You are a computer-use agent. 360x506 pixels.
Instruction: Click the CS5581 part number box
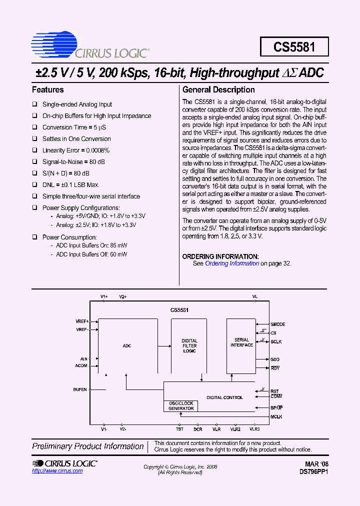pos(294,47)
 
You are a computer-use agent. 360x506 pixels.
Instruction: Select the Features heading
pos(48,90)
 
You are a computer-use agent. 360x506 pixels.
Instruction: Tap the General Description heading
pos(218,90)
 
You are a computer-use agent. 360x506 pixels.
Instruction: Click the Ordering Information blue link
pos(232,263)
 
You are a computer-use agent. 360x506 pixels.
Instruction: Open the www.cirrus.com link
pos(57,471)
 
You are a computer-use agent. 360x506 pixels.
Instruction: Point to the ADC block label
pos(127,346)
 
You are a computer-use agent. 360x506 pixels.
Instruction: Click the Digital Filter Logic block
pos(189,346)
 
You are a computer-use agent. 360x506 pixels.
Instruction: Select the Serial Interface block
pos(241,343)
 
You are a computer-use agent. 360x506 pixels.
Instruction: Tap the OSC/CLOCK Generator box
pos(180,406)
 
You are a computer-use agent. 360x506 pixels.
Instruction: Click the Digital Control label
pos(224,397)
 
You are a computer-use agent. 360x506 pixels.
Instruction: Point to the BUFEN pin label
pos(80,389)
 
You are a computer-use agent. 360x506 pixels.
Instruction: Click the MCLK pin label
pos(276,416)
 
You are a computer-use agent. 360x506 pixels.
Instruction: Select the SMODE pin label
pos(277,324)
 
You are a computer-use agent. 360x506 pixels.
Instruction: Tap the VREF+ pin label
pos(82,321)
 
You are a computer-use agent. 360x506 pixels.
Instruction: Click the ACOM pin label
pos(81,365)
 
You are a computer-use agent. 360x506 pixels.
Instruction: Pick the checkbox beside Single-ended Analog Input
pos(35,104)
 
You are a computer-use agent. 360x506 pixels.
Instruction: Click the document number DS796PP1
pos(313,471)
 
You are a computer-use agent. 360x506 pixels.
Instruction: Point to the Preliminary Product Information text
pos(88,446)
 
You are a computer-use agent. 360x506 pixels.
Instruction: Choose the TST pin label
pos(179,429)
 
